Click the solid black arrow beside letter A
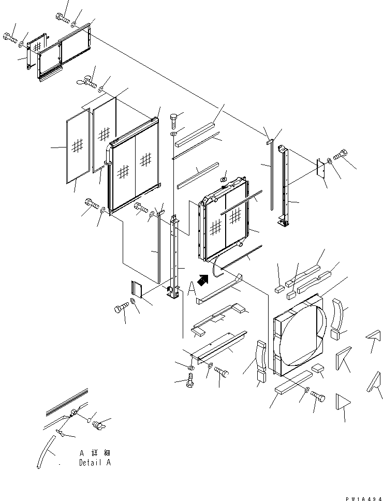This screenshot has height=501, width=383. point(203,280)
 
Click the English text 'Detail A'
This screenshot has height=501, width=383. point(95,463)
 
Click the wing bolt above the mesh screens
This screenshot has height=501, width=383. point(87,80)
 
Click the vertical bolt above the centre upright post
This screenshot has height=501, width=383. point(173,121)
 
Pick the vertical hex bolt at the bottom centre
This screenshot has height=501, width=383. point(190,382)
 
